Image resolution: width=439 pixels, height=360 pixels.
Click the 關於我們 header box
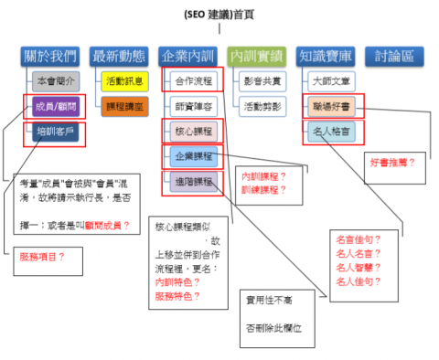tap(50, 56)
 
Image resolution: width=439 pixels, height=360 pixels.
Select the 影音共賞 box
tap(260, 81)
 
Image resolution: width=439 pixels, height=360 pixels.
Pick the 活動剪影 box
tap(260, 106)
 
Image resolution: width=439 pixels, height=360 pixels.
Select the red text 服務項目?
tap(42, 257)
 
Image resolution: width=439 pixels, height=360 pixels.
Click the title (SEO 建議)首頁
tap(218, 13)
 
